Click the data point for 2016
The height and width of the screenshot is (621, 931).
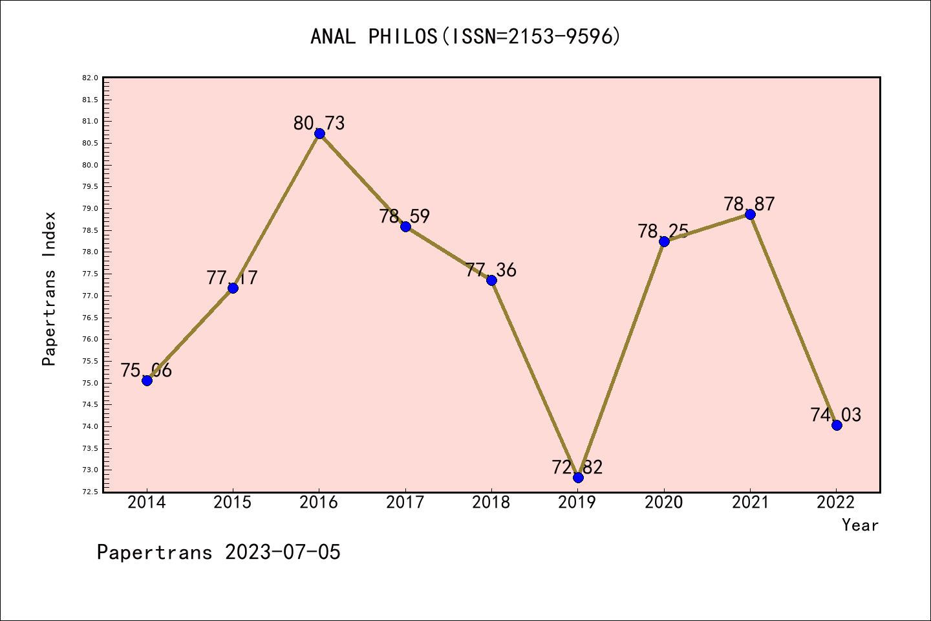319,134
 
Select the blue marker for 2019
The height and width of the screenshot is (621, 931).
578,477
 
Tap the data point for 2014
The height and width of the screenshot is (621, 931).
147,380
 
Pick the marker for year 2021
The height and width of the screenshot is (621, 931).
750,215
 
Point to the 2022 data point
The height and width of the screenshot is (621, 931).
837,425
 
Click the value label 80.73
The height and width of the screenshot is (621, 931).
319,123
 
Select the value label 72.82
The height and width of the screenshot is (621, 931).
577,467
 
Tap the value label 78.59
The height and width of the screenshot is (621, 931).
405,216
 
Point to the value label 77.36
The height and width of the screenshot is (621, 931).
491,270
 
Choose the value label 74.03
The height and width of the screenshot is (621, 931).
836,415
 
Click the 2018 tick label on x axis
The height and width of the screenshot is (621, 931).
491,503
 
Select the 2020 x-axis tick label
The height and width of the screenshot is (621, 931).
664,503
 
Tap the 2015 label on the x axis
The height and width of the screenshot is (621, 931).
233,503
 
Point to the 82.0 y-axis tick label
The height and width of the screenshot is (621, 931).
91,78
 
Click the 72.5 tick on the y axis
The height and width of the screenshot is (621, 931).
91,492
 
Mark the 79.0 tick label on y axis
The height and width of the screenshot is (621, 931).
91,208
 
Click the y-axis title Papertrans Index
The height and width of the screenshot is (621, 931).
49,289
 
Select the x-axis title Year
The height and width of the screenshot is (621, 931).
860,525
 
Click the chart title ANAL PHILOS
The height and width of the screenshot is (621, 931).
465,36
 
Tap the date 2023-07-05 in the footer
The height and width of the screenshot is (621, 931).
283,552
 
